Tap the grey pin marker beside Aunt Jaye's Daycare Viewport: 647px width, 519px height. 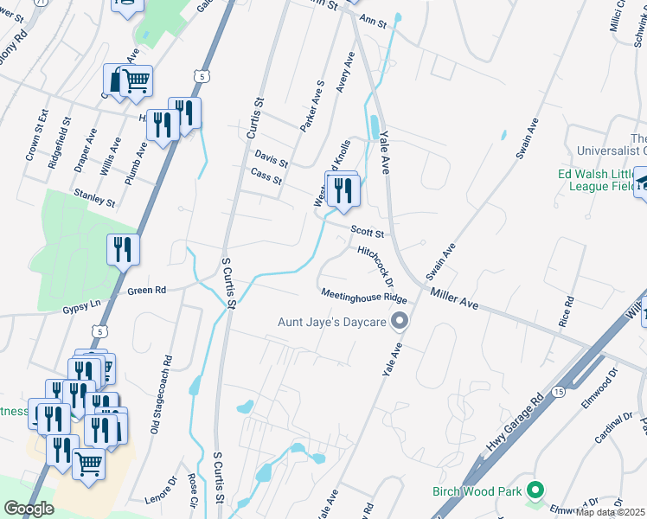[x=399, y=323]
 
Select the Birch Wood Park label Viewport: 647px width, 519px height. [x=477, y=491]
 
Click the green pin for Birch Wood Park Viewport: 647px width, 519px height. [x=535, y=490]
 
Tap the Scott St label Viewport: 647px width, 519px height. [x=367, y=231]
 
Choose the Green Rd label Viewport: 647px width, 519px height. [x=146, y=291]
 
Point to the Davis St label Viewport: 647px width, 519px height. [x=271, y=158]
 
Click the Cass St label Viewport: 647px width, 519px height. [x=266, y=177]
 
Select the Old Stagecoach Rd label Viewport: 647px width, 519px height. [x=160, y=393]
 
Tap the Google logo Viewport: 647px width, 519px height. [x=29, y=509]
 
